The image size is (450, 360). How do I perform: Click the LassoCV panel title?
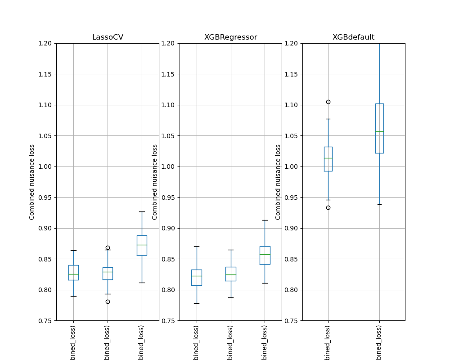[108, 37]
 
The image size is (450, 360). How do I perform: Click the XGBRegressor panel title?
[230, 37]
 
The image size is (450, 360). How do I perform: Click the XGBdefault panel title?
[353, 37]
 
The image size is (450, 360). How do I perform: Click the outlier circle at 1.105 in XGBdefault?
[328, 102]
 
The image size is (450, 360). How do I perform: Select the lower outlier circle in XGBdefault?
[328, 207]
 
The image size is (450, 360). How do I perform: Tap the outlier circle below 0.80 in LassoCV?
[108, 301]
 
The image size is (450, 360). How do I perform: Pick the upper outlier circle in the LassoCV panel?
[108, 247]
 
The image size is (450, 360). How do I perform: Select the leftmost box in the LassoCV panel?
[73, 273]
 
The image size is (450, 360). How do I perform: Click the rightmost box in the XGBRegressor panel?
[265, 255]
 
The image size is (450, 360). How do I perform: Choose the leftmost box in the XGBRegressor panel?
[197, 277]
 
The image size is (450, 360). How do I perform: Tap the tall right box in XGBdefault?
[379, 128]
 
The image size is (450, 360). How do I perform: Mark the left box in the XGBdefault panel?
[328, 159]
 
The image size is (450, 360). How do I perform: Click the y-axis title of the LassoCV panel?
[32, 182]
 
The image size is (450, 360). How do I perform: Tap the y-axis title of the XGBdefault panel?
[278, 182]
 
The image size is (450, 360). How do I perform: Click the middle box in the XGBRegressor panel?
[230, 274]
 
